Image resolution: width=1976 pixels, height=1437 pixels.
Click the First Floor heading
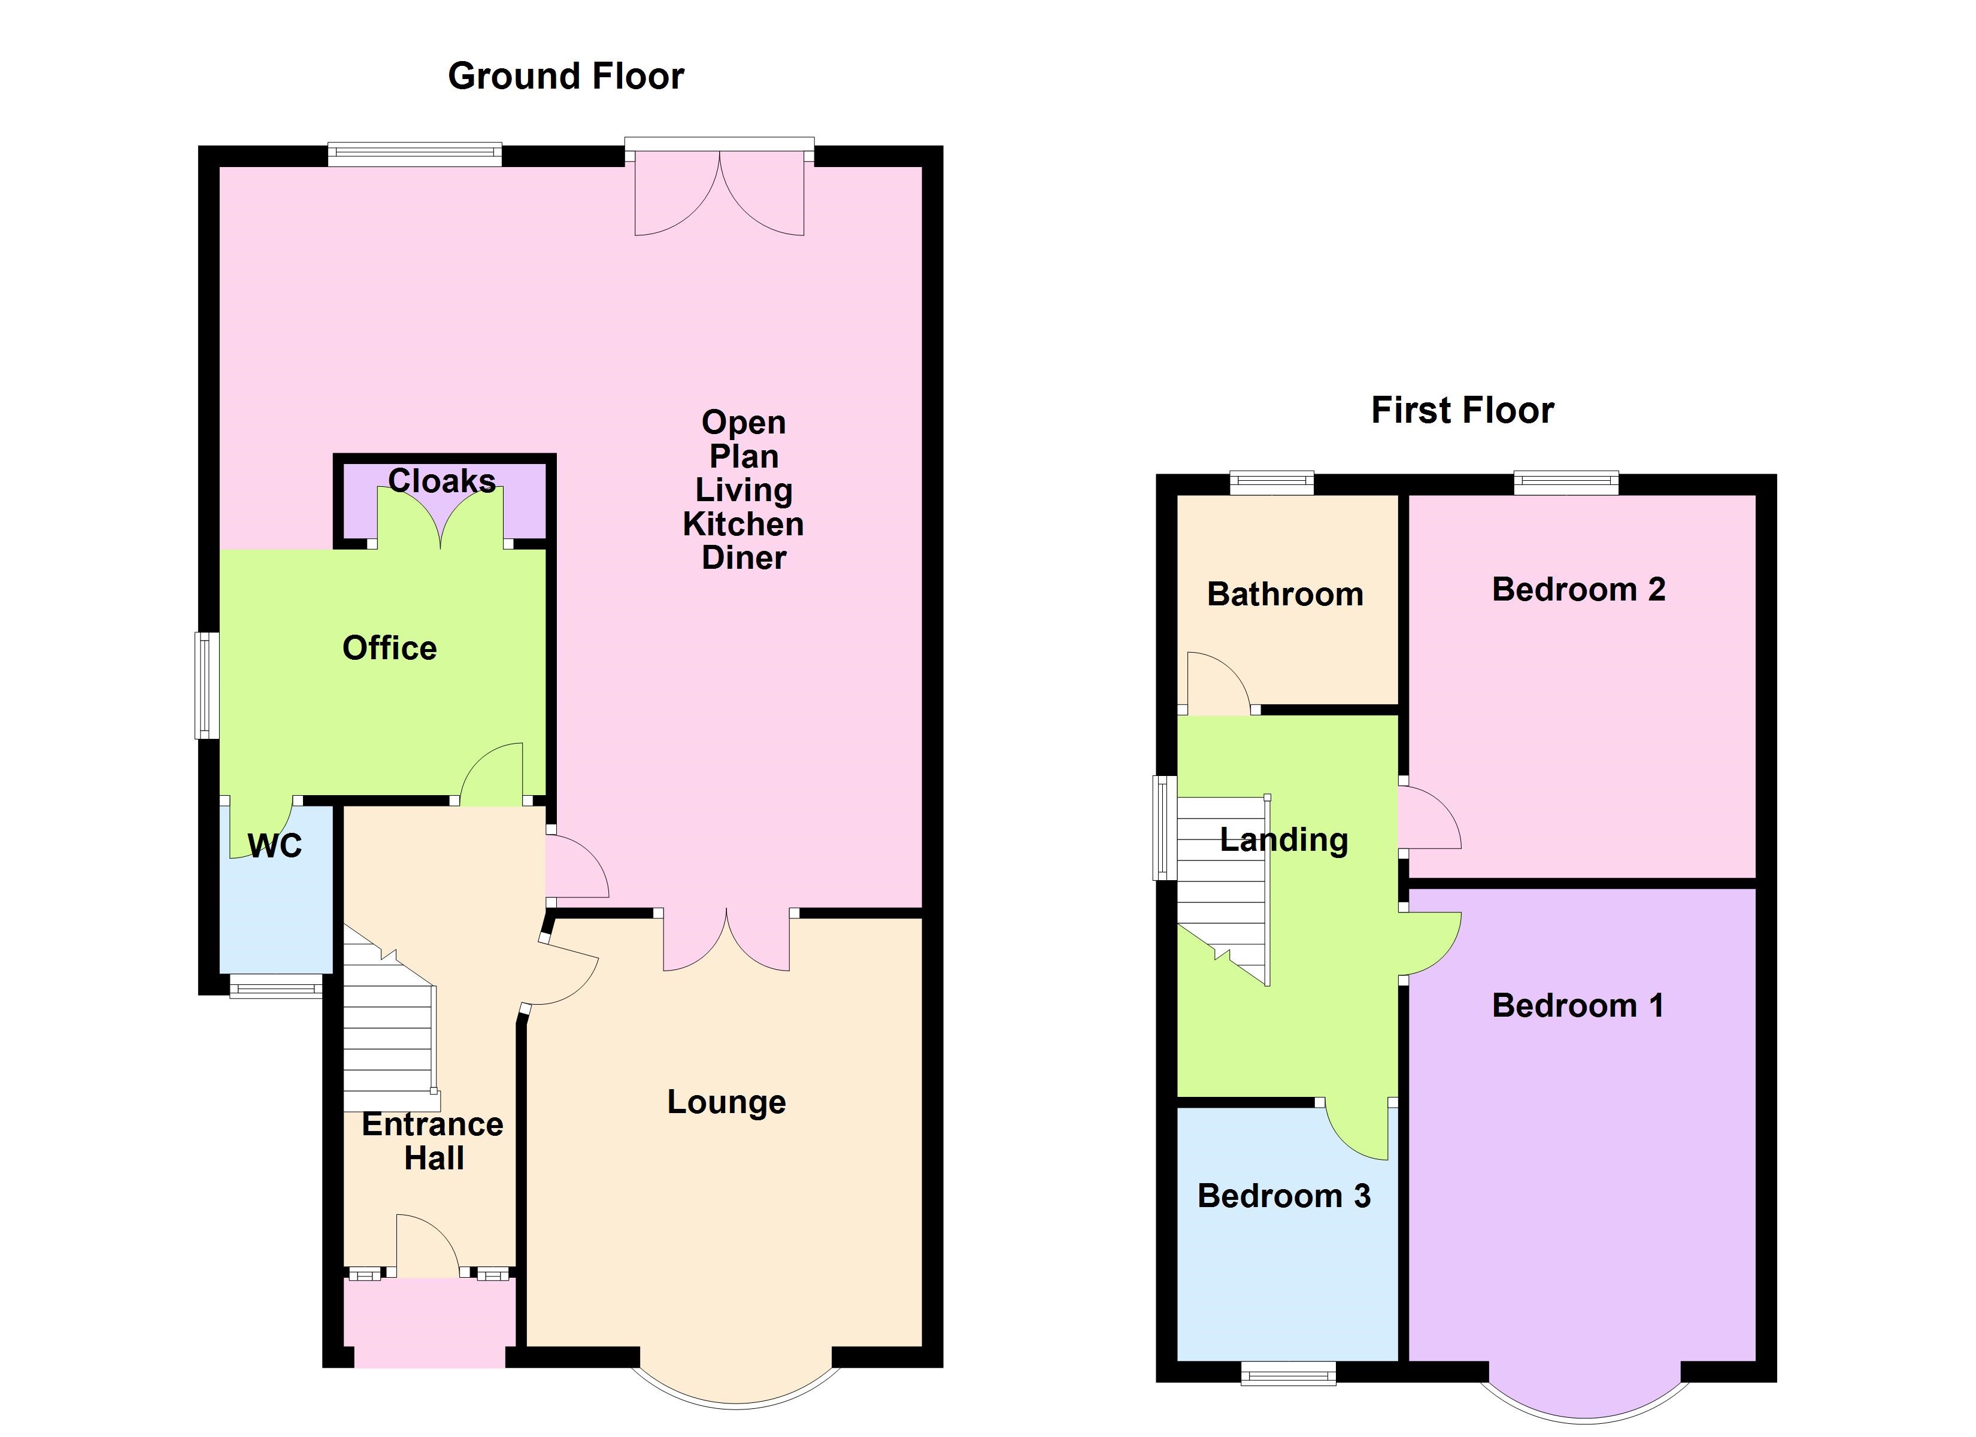pos(1462,411)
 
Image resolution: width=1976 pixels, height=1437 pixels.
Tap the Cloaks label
pos(442,481)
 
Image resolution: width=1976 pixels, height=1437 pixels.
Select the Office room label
pos(389,648)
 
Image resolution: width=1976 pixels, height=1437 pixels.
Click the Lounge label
pos(726,1102)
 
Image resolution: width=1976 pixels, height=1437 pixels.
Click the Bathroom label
pos(1285,595)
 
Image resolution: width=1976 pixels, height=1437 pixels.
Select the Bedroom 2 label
pos(1579,590)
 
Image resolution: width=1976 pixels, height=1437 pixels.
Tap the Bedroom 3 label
pos(1284,1196)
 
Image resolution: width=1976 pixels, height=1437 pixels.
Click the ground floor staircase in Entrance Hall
pos(387,1037)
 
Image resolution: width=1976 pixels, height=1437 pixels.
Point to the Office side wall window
pos(207,685)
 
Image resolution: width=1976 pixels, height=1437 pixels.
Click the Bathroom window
pos(1271,482)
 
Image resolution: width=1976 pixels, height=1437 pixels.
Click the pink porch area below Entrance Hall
pos(429,1322)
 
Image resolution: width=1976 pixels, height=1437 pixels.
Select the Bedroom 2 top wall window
pos(1566,482)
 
